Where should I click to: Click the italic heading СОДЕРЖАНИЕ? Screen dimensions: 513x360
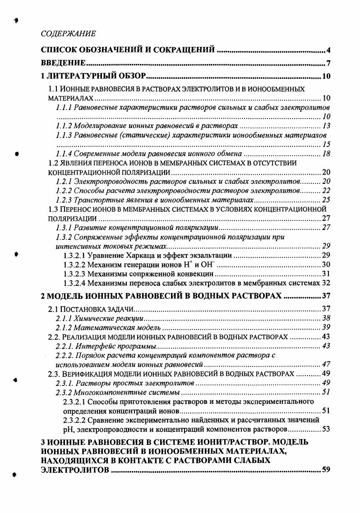[x=68, y=34]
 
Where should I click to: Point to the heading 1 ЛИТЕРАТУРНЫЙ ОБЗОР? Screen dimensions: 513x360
[x=92, y=76]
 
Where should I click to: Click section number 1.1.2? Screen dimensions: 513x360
[x=64, y=126]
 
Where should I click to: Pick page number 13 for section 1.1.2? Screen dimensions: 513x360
[x=327, y=126]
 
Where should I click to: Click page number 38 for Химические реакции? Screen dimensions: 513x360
[x=327, y=318]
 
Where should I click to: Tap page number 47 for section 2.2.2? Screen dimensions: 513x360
[x=327, y=365]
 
